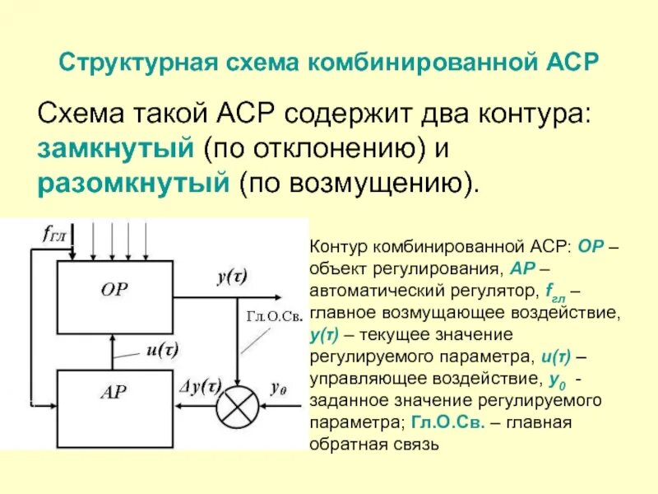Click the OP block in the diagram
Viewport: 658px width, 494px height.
coord(114,289)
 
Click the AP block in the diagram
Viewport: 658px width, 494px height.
coord(114,392)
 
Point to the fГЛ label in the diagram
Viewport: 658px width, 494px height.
coord(53,232)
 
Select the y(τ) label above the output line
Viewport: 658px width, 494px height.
coord(234,277)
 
